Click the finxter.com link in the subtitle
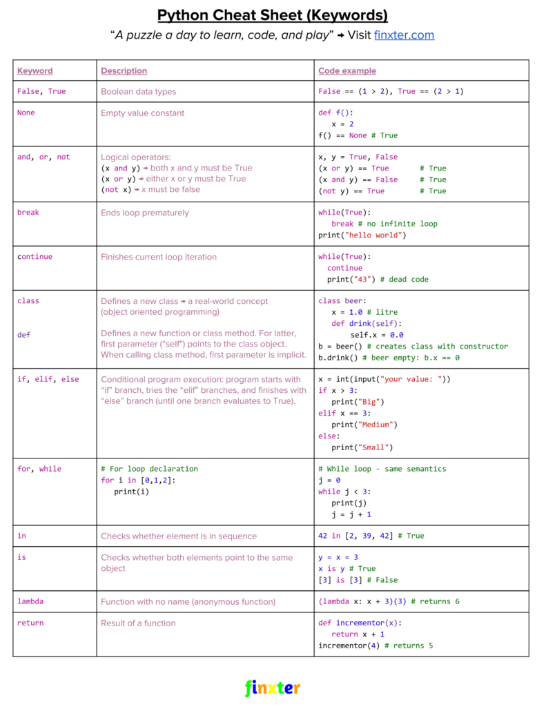pyautogui.click(x=404, y=35)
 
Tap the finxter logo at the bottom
pyautogui.click(x=273, y=688)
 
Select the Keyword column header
pyautogui.click(x=35, y=71)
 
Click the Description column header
pyautogui.click(x=124, y=71)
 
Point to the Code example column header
pyautogui.click(x=347, y=71)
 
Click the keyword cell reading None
pyautogui.click(x=26, y=113)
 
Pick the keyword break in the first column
pyautogui.click(x=28, y=212)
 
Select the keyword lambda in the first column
pyautogui.click(x=30, y=601)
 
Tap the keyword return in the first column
pyautogui.click(x=30, y=623)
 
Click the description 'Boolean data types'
pyautogui.click(x=138, y=92)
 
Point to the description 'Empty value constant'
pyautogui.click(x=142, y=113)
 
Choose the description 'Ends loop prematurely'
pyautogui.click(x=144, y=213)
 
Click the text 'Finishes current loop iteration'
pyautogui.click(x=159, y=257)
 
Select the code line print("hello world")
pyautogui.click(x=362, y=235)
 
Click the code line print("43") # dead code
pyautogui.click(x=378, y=279)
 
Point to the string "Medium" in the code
pyautogui.click(x=376, y=425)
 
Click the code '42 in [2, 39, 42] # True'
pyautogui.click(x=371, y=536)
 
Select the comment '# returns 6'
pyautogui.click(x=435, y=601)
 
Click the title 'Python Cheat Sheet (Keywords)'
pyautogui.click(x=273, y=15)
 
